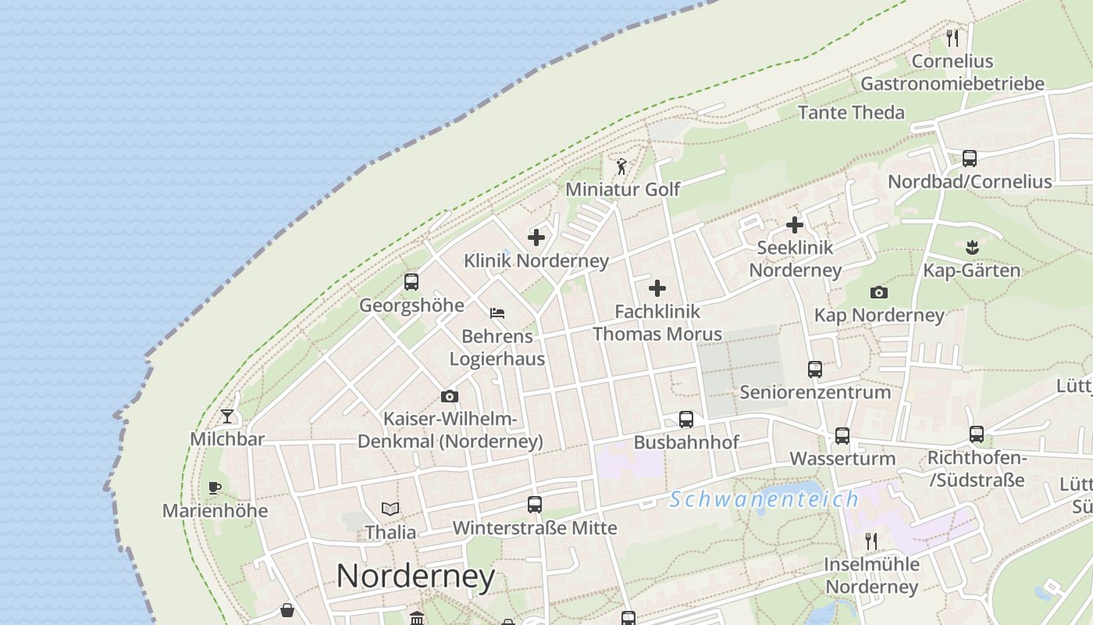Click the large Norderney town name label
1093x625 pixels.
(415, 577)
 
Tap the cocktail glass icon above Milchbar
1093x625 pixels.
(227, 416)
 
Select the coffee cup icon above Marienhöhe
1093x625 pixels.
(215, 488)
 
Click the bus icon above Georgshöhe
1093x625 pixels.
(411, 282)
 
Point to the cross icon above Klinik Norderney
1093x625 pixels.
(536, 237)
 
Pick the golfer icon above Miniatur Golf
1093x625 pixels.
(621, 166)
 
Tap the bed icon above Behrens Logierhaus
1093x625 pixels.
(497, 313)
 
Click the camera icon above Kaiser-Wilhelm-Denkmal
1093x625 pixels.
(450, 397)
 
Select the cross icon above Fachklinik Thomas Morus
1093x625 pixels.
(657, 288)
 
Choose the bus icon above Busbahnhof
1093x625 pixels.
(686, 420)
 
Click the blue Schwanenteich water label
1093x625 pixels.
(764, 499)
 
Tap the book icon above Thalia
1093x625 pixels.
(390, 509)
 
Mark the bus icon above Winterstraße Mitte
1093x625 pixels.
(535, 505)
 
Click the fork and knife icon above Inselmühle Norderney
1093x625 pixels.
(872, 541)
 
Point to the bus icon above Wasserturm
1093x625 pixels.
(842, 436)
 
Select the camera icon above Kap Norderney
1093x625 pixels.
(879, 293)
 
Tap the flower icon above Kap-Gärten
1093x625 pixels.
(972, 248)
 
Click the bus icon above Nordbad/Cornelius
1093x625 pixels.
(970, 159)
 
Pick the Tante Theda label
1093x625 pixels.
(851, 112)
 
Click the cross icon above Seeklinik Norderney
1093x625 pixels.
(795, 225)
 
